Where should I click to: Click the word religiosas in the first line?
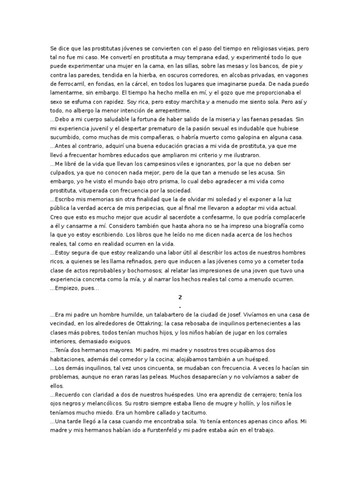click(x=254, y=49)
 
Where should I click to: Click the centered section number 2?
click(x=180, y=298)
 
